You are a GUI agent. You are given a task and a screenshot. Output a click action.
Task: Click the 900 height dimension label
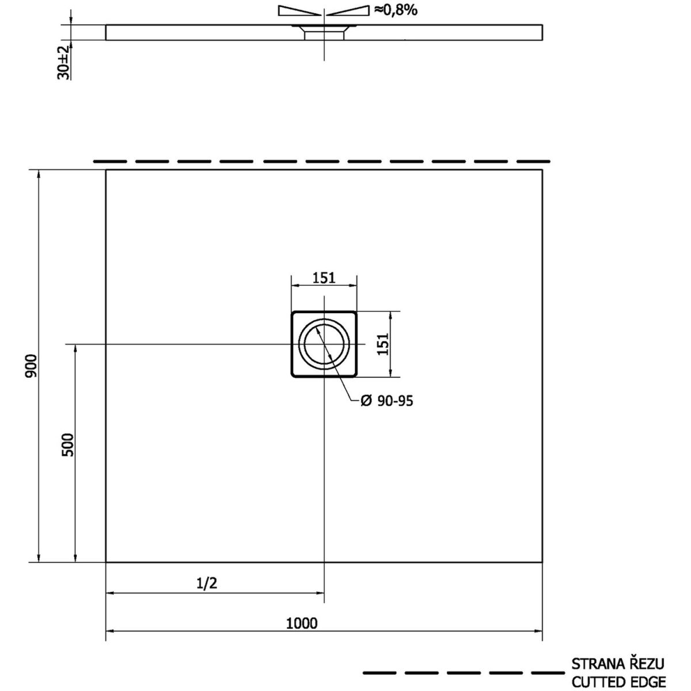tap(32, 366)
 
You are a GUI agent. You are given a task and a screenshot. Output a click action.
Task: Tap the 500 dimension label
tap(68, 445)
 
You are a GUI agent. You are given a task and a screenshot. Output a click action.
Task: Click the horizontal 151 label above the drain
tap(324, 278)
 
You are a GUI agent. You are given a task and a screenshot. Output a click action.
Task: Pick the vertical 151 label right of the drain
tap(383, 344)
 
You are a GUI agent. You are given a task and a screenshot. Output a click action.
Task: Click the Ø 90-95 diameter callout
tap(386, 401)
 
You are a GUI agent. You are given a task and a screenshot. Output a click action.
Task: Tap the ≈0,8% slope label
tap(396, 10)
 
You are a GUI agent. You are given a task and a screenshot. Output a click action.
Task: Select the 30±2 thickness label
tap(63, 62)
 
